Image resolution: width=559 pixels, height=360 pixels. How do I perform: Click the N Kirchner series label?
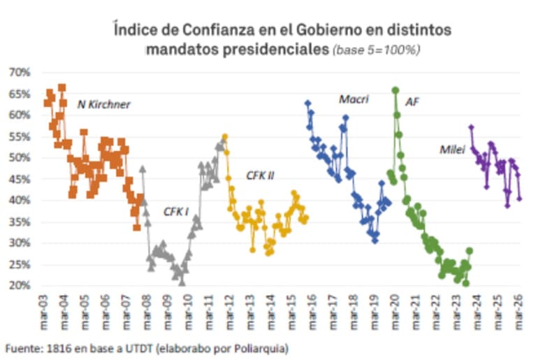(103, 104)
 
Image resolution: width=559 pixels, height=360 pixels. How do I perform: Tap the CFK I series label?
(176, 212)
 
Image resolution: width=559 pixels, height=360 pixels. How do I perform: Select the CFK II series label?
(260, 175)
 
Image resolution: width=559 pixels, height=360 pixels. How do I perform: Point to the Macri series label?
(354, 99)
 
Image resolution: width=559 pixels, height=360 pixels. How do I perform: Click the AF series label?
(412, 102)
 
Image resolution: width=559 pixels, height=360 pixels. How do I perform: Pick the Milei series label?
(452, 150)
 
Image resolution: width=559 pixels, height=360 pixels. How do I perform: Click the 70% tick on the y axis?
(20, 73)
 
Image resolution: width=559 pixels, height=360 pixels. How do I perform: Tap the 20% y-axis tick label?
(20, 285)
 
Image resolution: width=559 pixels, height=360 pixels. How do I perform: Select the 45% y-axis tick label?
(20, 179)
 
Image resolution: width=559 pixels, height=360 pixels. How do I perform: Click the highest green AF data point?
(395, 90)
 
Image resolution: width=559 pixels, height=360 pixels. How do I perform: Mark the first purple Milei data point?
(471, 127)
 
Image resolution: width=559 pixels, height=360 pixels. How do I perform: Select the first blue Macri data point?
(307, 103)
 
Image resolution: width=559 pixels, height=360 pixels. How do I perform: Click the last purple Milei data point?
(519, 199)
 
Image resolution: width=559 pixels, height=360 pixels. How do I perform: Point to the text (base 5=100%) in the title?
(376, 50)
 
